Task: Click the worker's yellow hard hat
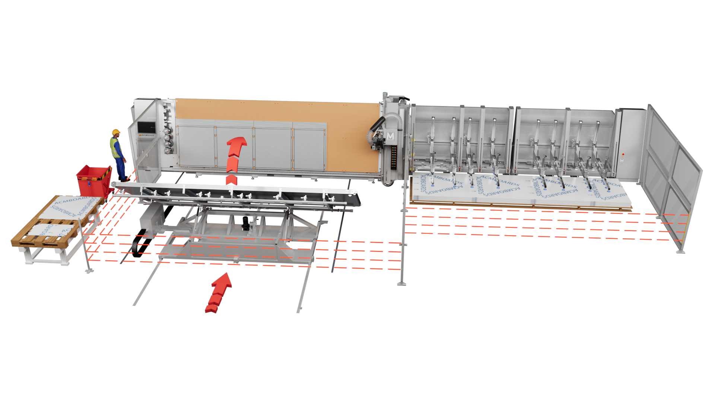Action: [116, 132]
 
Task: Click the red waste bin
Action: [94, 180]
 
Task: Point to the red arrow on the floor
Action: [219, 293]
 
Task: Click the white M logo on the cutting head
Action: [390, 136]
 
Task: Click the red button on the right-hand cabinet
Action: [623, 154]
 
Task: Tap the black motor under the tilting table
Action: [246, 223]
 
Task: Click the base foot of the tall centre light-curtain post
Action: [401, 284]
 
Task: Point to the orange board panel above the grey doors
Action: [276, 109]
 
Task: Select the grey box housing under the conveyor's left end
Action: [152, 218]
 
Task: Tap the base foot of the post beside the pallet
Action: [89, 271]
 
